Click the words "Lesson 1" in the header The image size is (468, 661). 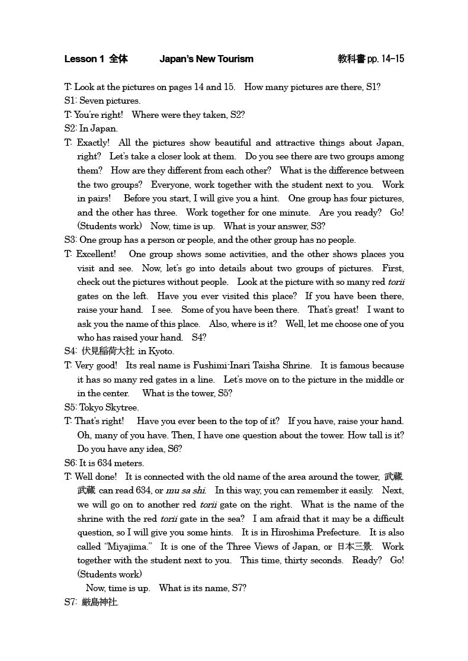(x=84, y=59)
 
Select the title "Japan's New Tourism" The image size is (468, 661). (x=206, y=59)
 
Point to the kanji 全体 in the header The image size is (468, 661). (x=118, y=59)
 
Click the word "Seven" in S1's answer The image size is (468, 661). (x=91, y=101)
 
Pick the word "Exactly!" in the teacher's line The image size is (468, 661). (x=93, y=143)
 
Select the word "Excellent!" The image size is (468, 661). (x=96, y=254)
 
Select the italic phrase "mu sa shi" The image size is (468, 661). (x=186, y=490)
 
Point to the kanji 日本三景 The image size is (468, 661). (x=354, y=546)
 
